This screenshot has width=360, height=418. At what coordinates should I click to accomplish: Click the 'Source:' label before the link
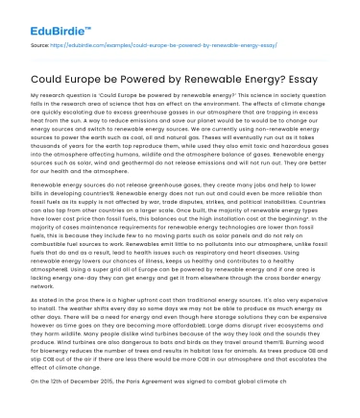pos(41,45)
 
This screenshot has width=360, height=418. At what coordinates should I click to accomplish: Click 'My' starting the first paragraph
pos(36,100)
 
